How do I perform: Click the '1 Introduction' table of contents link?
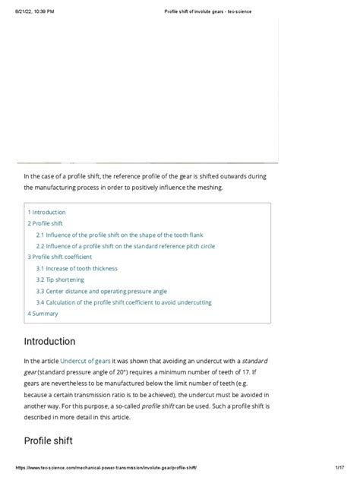tap(47, 213)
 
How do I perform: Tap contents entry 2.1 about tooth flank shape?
tap(115, 235)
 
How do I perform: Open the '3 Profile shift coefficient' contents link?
tap(62, 257)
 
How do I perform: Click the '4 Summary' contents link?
tap(43, 314)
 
